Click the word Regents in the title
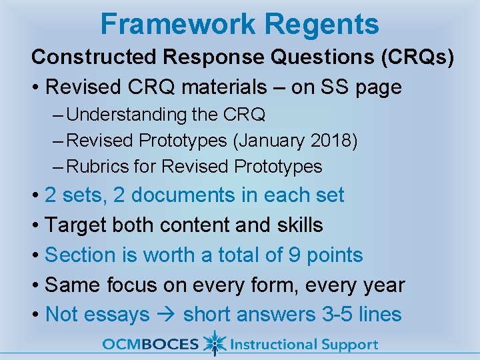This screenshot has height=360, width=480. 322,24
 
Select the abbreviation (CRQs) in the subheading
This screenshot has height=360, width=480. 417,57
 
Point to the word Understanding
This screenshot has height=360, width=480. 127,115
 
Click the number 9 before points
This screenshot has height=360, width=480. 294,255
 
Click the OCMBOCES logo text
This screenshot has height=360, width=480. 150,345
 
